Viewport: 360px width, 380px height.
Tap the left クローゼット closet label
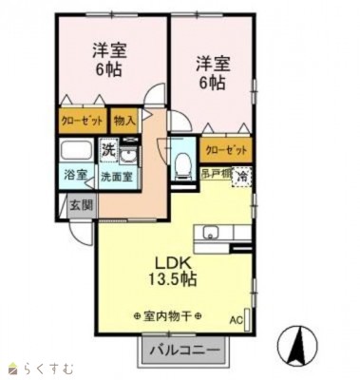point(82,121)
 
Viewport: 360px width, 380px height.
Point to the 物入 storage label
point(124,121)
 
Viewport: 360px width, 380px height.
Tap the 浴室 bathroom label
point(76,176)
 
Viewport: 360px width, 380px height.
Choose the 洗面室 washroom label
point(117,176)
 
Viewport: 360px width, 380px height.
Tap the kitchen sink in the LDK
point(210,232)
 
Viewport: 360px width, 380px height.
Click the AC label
point(236,320)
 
